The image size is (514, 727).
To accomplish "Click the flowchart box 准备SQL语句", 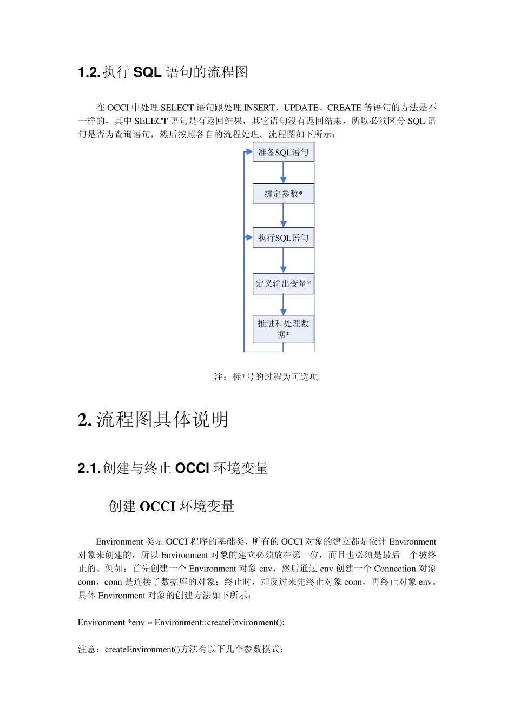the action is pos(283,153).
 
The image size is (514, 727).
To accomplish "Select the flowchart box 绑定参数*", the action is pos(283,194).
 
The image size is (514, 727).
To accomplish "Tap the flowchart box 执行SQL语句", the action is pos(283,238).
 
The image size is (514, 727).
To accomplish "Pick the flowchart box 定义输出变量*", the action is pos(283,284).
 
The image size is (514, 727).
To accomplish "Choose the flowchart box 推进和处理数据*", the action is pos(283,329).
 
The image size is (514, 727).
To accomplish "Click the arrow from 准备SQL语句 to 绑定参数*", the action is pos(283,173).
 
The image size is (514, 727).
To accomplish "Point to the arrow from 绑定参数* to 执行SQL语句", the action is pos(283,216).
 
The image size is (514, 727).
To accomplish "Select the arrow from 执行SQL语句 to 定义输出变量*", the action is pos(283,261).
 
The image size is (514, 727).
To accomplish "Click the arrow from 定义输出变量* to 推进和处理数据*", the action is pos(283,305).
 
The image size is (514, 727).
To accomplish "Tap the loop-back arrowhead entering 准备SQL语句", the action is pos(249,152).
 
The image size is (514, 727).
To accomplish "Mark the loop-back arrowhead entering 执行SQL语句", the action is pos(249,237).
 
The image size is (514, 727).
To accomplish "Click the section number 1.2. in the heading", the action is pos(89,72).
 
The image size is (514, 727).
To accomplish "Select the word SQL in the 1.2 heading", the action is pos(147,72).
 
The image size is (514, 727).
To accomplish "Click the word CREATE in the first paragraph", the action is pos(344,108).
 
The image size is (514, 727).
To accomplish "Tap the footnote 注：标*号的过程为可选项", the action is pos(266,376).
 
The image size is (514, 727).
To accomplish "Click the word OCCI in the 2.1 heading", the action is pos(192,468).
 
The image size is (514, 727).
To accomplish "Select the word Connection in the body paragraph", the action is pos(395,569).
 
